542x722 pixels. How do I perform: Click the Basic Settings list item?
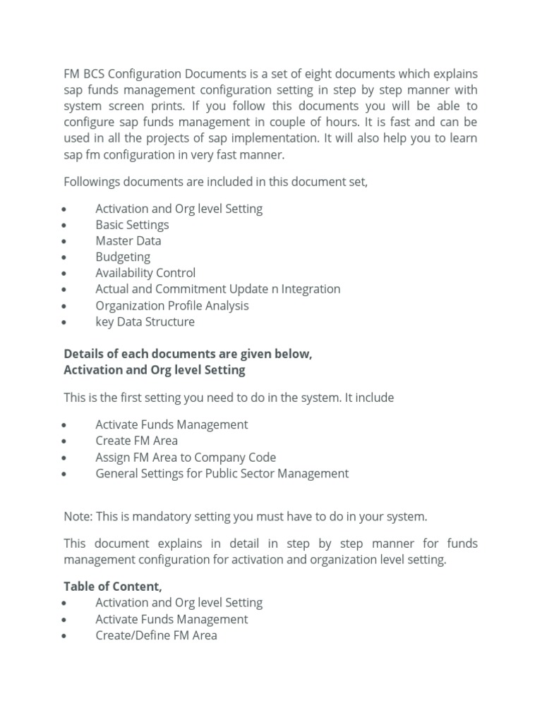point(132,225)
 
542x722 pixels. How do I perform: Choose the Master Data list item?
point(128,240)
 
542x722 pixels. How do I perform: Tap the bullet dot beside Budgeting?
point(64,258)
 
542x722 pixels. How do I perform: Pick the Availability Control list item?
point(145,273)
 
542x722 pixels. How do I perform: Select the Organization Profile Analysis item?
point(171,305)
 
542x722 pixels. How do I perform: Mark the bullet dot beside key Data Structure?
point(64,323)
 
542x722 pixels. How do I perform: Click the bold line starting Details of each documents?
point(188,354)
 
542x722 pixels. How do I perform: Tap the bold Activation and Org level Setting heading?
point(155,369)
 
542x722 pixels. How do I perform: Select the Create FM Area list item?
point(136,441)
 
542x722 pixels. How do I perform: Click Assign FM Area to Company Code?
point(186,457)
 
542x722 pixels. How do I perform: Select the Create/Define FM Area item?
point(156,635)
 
